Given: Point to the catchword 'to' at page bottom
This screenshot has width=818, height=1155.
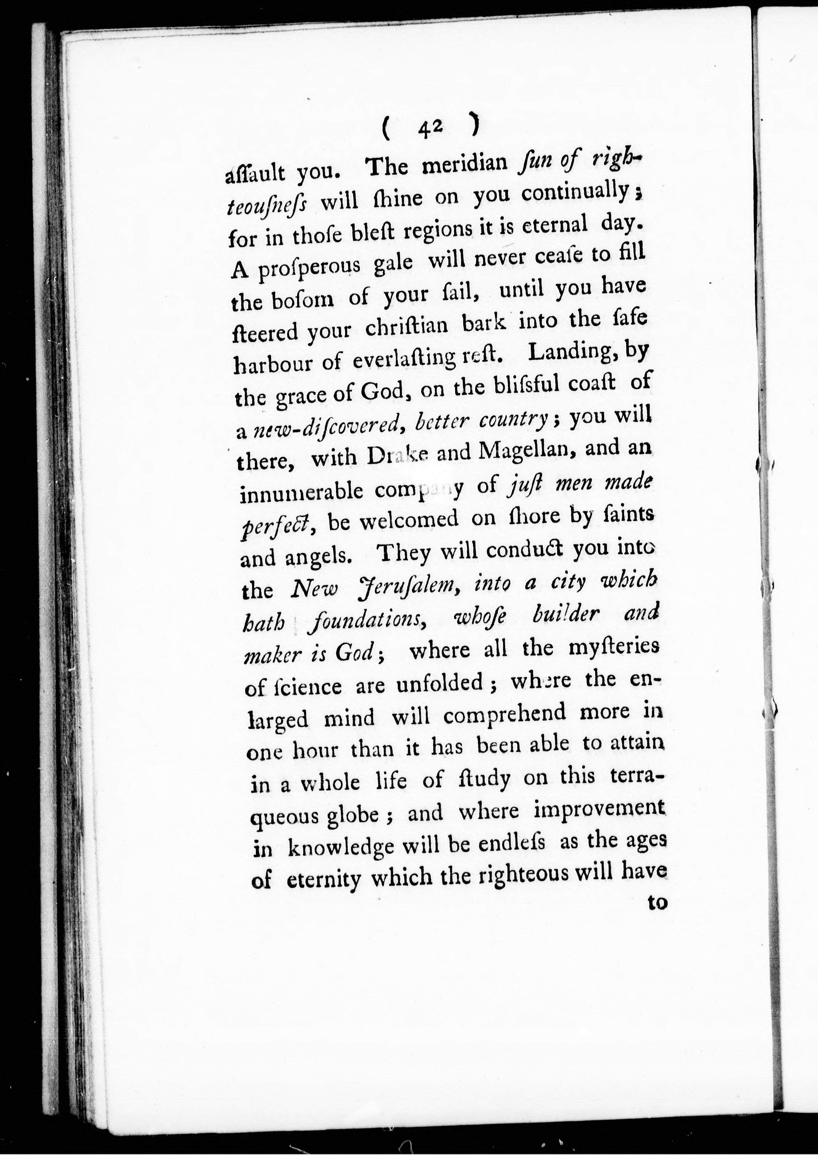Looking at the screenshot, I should (657, 904).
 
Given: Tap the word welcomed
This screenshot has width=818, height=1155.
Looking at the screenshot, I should (393, 522).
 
